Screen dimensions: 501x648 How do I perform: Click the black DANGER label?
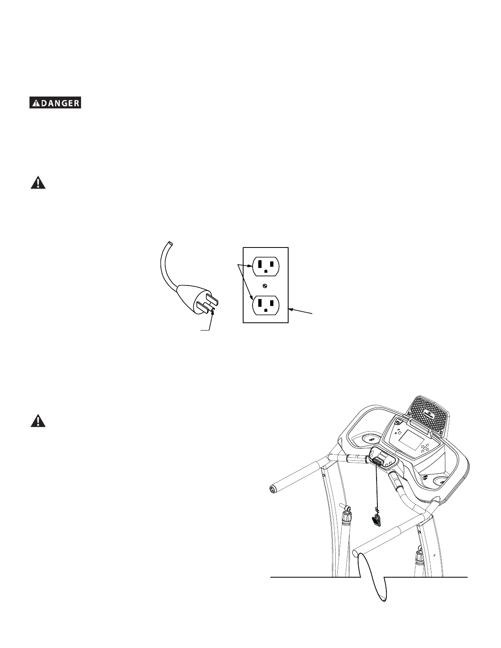click(55, 103)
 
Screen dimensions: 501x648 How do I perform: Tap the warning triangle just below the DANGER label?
click(38, 182)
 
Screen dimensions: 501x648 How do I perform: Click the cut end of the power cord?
click(169, 244)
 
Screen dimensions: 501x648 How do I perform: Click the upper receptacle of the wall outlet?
click(266, 267)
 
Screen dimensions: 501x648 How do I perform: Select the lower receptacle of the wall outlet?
click(266, 305)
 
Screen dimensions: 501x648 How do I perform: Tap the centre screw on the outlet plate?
click(266, 286)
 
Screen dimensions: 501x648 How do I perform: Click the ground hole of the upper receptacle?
click(266, 271)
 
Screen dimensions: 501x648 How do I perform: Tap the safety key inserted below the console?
click(378, 461)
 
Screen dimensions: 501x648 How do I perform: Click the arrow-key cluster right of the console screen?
click(425, 449)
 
